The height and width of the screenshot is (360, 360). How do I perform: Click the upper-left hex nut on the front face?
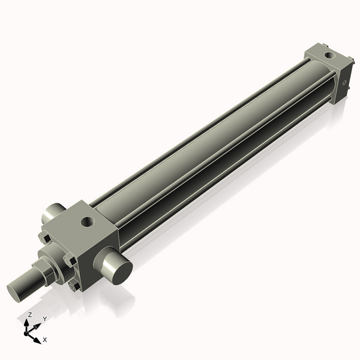pyautogui.click(x=43, y=238)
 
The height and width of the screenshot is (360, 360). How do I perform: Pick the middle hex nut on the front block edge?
pyautogui.click(x=69, y=261)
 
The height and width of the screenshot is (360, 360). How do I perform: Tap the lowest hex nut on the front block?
pyautogui.click(x=74, y=286)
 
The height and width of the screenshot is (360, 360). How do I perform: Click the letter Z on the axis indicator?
pyautogui.click(x=29, y=314)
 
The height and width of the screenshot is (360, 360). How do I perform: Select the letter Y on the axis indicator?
pyautogui.click(x=44, y=319)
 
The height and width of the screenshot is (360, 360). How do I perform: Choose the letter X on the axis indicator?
pyautogui.click(x=45, y=340)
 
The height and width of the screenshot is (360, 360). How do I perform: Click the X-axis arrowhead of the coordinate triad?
pyautogui.click(x=38, y=339)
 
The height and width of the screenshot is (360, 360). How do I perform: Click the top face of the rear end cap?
pyautogui.click(x=328, y=58)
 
